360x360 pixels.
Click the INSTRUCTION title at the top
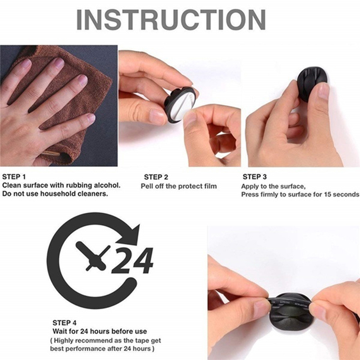171,20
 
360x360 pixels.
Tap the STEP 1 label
14,177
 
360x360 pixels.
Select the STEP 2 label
156,177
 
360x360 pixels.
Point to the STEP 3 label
255,177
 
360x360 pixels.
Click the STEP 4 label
65,323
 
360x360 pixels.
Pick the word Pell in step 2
147,186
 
